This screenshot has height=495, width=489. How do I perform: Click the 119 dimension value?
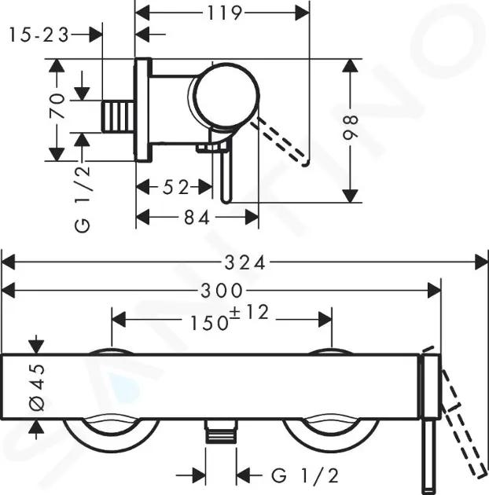point(225,13)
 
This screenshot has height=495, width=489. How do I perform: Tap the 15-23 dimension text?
point(39,35)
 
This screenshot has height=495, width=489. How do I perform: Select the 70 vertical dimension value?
point(57,106)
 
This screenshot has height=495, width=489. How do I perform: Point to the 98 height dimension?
point(351,127)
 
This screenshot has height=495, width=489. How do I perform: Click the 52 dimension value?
point(175,188)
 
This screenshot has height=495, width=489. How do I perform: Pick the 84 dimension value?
point(197,218)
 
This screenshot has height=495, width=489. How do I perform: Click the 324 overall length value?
point(244,263)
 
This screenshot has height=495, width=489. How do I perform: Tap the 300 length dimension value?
point(222,291)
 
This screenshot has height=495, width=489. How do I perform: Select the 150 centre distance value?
point(209,323)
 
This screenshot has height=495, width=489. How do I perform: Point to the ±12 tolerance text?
point(249,312)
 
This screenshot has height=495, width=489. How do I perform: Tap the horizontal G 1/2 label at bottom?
point(305,475)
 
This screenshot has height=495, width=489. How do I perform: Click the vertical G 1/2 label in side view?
point(83,200)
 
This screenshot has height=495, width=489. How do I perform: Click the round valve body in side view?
point(227,95)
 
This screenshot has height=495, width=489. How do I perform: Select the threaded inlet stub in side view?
point(117,116)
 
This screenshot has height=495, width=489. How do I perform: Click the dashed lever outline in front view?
point(464,423)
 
